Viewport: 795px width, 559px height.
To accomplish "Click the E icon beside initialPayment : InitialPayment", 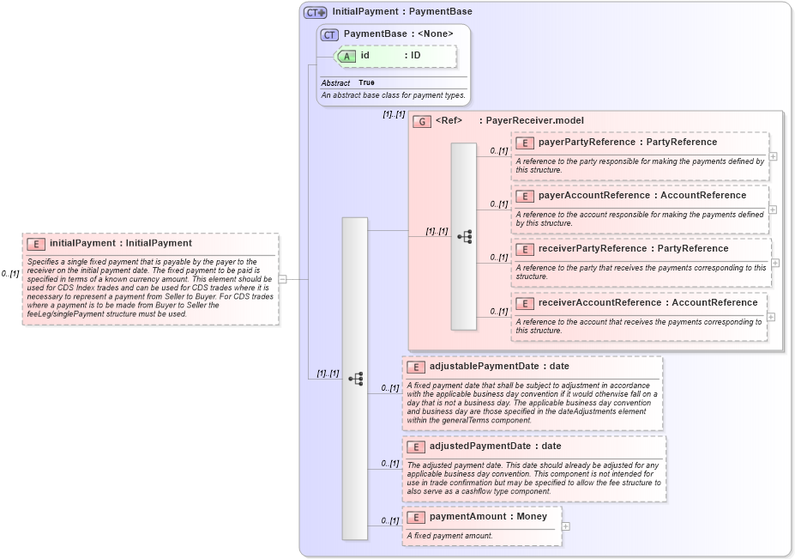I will pos(37,244).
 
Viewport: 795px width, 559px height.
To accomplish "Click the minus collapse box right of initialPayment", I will pos(282,278).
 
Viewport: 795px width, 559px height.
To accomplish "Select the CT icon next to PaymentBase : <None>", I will pos(330,34).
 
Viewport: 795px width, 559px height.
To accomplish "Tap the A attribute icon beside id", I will pos(346,56).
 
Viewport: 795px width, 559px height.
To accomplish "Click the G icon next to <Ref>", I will pos(422,121).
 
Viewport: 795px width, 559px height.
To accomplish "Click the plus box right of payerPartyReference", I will pos(773,156).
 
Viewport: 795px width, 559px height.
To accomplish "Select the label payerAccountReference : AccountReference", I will pos(641,196).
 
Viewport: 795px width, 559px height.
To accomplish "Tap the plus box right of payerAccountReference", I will pos(773,210).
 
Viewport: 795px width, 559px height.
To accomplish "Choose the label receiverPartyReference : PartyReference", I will pos(633,249).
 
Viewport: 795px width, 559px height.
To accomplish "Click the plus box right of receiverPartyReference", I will pos(774,263).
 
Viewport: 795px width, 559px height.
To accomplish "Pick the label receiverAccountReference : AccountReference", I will pos(647,303).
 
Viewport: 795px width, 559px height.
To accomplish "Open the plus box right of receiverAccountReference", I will pos(771,317).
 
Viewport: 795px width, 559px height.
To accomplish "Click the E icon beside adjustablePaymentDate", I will pos(416,367).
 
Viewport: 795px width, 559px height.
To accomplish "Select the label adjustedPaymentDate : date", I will pos(495,447).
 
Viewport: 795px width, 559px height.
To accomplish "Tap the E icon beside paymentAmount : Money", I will pos(416,518).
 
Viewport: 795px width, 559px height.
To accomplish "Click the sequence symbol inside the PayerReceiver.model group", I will pos(464,236).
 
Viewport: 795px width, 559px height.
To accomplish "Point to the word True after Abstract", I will pos(366,83).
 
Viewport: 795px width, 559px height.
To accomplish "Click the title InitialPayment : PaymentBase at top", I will pos(401,12).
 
